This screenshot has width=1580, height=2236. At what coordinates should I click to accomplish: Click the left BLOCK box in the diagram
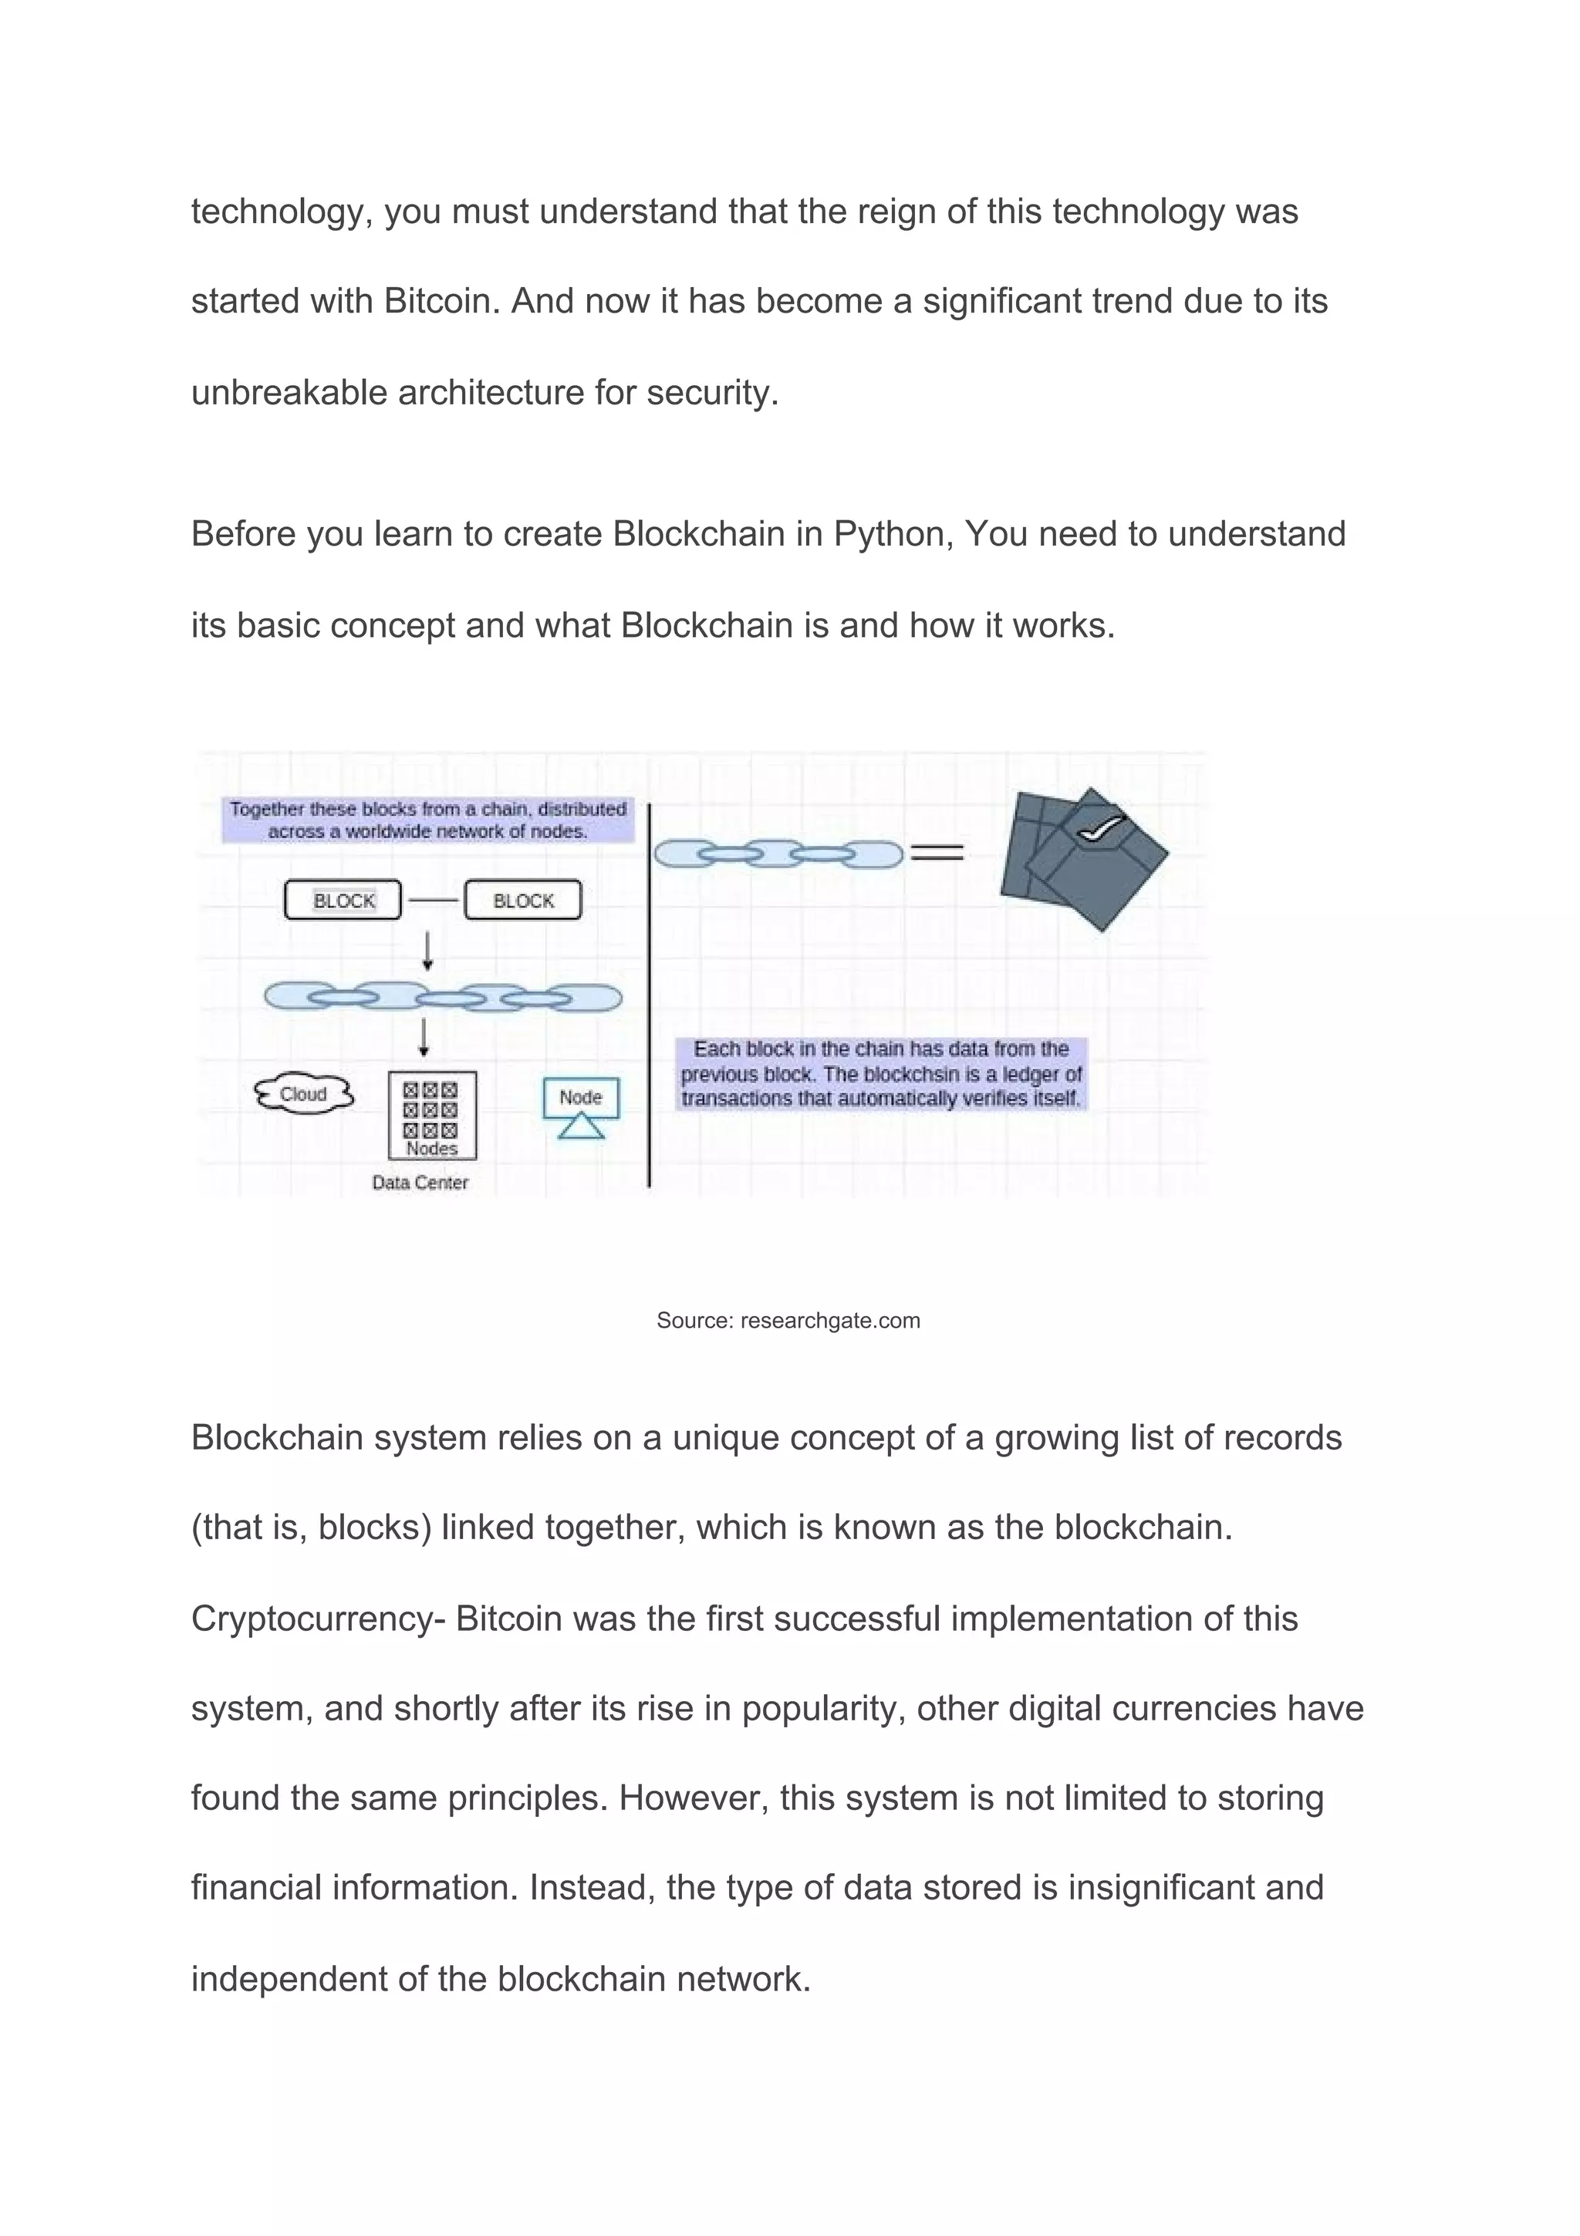tap(343, 900)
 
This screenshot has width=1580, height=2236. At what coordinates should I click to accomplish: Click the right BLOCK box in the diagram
tap(523, 900)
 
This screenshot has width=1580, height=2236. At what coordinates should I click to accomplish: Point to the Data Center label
tap(420, 1182)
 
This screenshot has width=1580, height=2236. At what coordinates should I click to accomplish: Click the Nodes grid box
tap(432, 1115)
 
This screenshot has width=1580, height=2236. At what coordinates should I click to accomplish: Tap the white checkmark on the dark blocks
tap(1099, 827)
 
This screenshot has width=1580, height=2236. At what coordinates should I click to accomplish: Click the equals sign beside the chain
tap(936, 853)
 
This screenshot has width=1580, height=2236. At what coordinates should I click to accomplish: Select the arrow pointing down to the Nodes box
tap(424, 1037)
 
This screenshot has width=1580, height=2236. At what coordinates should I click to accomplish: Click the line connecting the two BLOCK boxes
tap(434, 901)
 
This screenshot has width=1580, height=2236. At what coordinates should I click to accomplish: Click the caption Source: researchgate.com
tap(788, 1321)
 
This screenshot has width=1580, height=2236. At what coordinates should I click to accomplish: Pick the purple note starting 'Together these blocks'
tap(427, 820)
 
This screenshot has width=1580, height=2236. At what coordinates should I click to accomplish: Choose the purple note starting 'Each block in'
tap(881, 1074)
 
